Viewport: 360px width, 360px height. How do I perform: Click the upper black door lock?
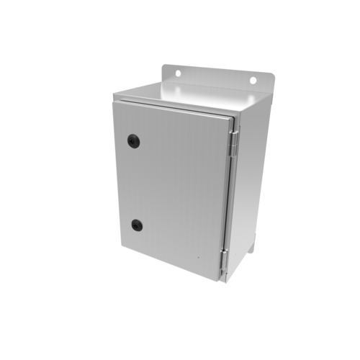[x=132, y=140]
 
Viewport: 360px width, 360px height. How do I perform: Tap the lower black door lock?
[x=137, y=225]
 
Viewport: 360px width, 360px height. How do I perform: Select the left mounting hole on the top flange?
[x=176, y=73]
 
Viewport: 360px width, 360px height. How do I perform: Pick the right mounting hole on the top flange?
[x=253, y=81]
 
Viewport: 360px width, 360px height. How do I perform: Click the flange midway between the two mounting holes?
[x=215, y=77]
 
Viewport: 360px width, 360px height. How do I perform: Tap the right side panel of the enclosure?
[x=248, y=187]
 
